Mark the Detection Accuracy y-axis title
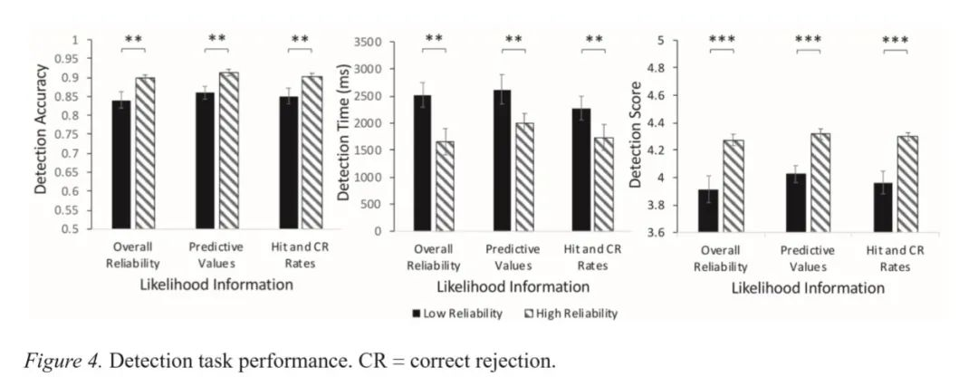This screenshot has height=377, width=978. tap(42, 136)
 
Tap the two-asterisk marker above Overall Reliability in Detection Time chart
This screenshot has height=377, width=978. tap(434, 39)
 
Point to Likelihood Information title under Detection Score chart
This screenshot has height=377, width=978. tap(806, 288)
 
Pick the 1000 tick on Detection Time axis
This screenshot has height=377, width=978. tap(374, 177)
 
